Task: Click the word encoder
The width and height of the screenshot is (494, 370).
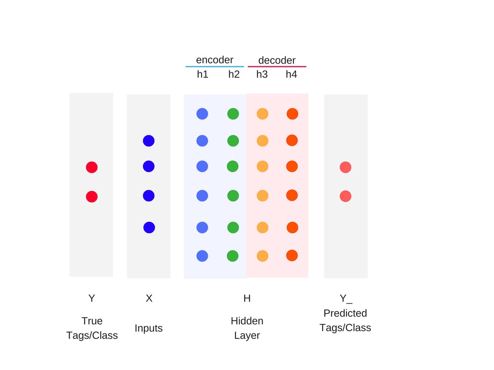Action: (215, 60)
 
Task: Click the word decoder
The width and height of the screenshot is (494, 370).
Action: (277, 60)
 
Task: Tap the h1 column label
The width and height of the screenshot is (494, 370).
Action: (203, 74)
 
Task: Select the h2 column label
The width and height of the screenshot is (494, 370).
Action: (234, 74)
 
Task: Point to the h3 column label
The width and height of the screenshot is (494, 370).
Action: (262, 74)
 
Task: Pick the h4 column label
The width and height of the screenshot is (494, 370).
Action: (291, 74)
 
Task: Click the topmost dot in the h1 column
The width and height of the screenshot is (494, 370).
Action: (202, 114)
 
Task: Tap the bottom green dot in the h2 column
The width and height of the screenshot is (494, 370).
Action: (233, 256)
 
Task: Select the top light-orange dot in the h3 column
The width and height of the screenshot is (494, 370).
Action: (262, 114)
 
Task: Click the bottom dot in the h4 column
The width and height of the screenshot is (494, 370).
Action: (292, 255)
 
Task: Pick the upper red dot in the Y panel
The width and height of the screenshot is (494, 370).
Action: (92, 167)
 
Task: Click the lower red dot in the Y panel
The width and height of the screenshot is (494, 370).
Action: (92, 197)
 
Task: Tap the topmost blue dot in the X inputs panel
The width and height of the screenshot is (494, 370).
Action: (149, 141)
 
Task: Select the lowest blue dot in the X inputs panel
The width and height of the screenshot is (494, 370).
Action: (149, 227)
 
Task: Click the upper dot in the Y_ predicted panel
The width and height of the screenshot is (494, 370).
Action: (345, 167)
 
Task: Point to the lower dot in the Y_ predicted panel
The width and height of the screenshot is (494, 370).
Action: (345, 196)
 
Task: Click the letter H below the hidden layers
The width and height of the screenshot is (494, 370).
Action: (247, 299)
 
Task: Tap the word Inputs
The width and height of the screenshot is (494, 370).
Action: (149, 328)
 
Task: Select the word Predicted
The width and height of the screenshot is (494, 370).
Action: (345, 313)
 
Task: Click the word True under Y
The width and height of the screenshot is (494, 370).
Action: (92, 321)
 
